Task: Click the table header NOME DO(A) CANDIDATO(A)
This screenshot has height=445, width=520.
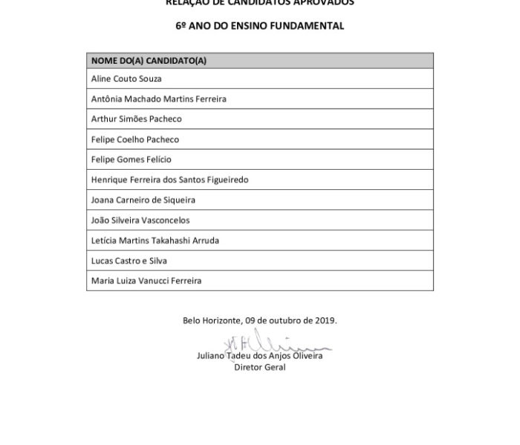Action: (149, 60)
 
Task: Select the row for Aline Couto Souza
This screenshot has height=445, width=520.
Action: (126, 79)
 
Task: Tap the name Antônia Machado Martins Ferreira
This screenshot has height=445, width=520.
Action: (158, 99)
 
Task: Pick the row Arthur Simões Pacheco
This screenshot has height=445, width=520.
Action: (136, 119)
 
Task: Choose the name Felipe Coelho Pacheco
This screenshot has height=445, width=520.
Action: (134, 139)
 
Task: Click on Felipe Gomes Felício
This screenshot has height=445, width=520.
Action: (131, 159)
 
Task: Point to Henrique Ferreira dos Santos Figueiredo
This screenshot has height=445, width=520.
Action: (169, 179)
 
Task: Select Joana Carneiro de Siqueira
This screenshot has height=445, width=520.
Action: (143, 200)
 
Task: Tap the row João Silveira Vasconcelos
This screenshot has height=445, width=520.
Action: (140, 220)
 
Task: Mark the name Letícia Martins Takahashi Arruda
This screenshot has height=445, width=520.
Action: (155, 240)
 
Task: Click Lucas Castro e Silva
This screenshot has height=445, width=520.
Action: (129, 261)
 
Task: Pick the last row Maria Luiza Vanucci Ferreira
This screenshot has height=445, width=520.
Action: (146, 281)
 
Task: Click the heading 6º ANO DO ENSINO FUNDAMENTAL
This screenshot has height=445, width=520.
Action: (259, 25)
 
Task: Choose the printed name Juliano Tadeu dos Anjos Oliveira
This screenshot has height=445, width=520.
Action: (260, 356)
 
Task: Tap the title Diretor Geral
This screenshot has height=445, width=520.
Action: (260, 367)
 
